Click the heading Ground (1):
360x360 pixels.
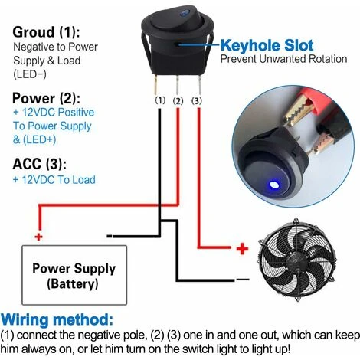[x=46, y=32]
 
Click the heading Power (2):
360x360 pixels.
[x=46, y=98]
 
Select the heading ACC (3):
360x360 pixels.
[x=40, y=164]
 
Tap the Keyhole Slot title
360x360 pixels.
[x=267, y=45]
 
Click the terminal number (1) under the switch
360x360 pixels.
[x=160, y=100]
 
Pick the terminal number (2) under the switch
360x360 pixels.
[x=178, y=101]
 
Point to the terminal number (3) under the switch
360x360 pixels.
[x=197, y=101]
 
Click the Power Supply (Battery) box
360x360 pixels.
[x=74, y=275]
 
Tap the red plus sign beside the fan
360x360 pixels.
[x=242, y=248]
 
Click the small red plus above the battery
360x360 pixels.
[x=38, y=237]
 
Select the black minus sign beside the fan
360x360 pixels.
[x=243, y=280]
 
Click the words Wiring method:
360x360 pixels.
[x=57, y=319]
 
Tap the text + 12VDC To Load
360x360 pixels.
[x=54, y=180]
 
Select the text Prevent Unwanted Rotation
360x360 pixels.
[x=283, y=59]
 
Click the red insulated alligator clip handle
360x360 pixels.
[x=315, y=103]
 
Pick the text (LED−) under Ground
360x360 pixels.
[x=30, y=74]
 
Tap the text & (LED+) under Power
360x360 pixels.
[x=34, y=140]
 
